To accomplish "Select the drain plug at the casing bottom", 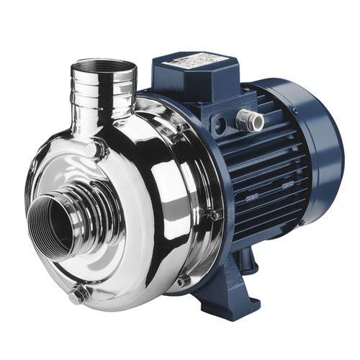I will [x=78, y=293].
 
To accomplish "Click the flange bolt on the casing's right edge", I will [x=214, y=214].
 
